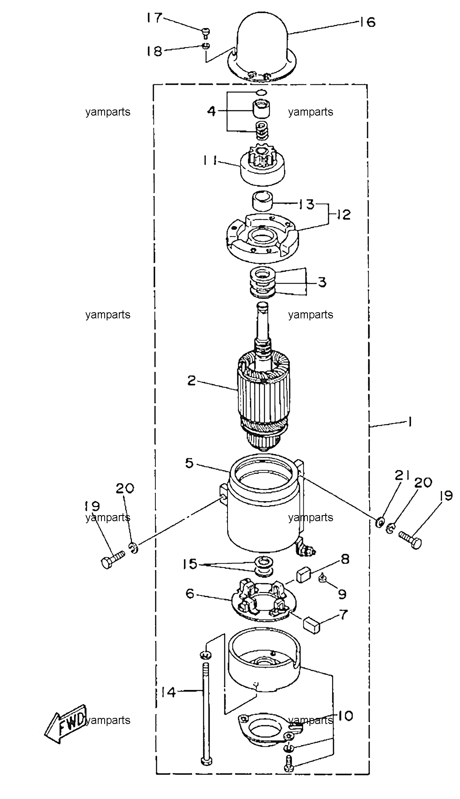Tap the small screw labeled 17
coord(206,31)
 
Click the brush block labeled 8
coord(305,575)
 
